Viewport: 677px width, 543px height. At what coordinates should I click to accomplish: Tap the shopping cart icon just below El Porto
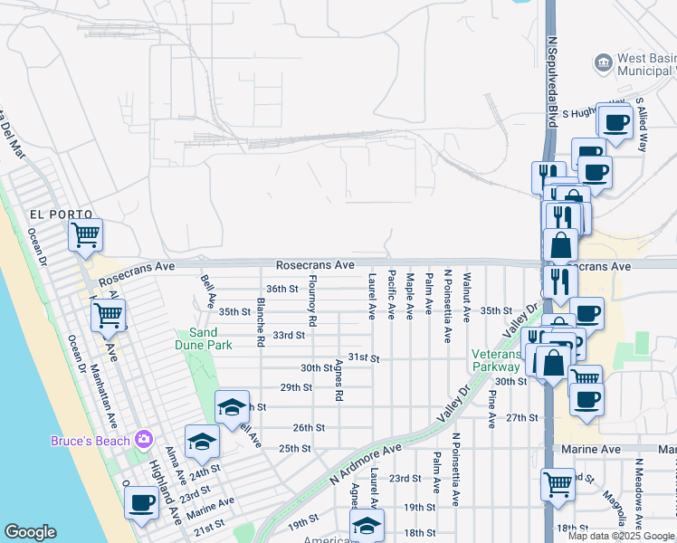tap(85, 235)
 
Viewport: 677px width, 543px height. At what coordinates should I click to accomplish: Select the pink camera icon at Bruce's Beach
tap(143, 440)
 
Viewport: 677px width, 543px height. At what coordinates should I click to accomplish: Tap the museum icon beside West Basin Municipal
tap(602, 62)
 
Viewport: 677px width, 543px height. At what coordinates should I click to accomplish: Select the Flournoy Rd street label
tap(312, 300)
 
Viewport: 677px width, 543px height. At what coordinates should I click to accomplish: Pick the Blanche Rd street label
tap(260, 323)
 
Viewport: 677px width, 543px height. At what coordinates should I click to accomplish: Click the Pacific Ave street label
tap(391, 294)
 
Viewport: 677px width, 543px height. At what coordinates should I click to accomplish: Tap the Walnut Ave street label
tap(466, 297)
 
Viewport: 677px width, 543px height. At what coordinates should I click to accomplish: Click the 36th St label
tap(281, 289)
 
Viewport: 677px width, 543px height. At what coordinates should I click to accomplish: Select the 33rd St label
tap(289, 335)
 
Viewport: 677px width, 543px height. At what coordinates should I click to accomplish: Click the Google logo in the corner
tap(31, 532)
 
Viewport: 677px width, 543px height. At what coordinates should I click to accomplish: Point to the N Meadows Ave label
tap(638, 492)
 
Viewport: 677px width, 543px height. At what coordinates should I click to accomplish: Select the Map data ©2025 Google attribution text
tap(622, 536)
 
